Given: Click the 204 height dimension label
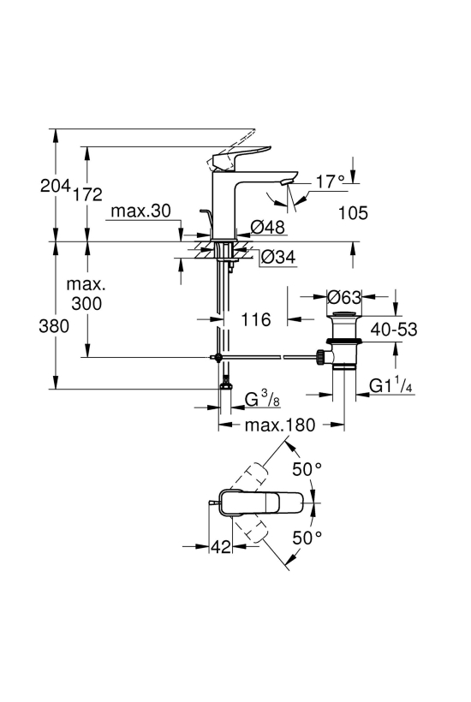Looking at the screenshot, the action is (x=56, y=185).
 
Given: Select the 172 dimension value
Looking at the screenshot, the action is (x=87, y=193).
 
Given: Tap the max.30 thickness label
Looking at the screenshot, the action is (x=140, y=211).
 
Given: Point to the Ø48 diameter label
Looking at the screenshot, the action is (x=268, y=227).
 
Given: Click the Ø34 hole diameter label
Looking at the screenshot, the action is (x=278, y=257).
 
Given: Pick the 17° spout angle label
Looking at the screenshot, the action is (x=331, y=181).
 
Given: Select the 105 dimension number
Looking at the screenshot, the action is (x=353, y=213).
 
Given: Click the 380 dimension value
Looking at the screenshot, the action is (x=54, y=326).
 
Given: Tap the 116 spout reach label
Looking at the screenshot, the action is (x=256, y=319).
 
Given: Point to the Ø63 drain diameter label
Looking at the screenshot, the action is (x=344, y=296).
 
